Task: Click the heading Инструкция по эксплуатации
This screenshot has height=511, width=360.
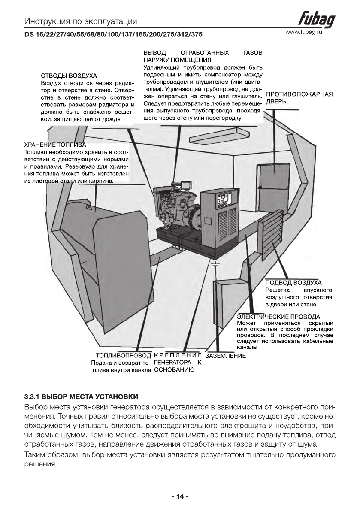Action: (x=81, y=21)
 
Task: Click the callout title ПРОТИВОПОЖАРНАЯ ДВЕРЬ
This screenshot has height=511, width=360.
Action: (x=299, y=98)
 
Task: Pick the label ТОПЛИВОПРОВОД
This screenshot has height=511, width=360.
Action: (x=124, y=356)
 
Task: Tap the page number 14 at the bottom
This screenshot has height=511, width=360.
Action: (x=180, y=496)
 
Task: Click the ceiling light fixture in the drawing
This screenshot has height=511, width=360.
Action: (x=210, y=137)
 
